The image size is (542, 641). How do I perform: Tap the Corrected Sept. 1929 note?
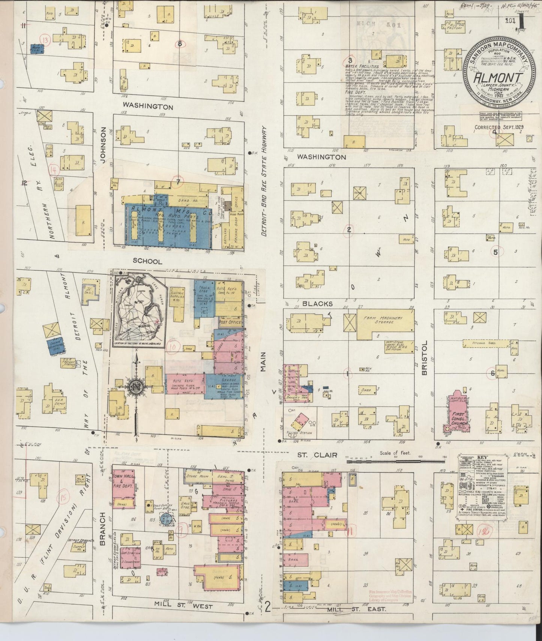pos(499,127)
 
